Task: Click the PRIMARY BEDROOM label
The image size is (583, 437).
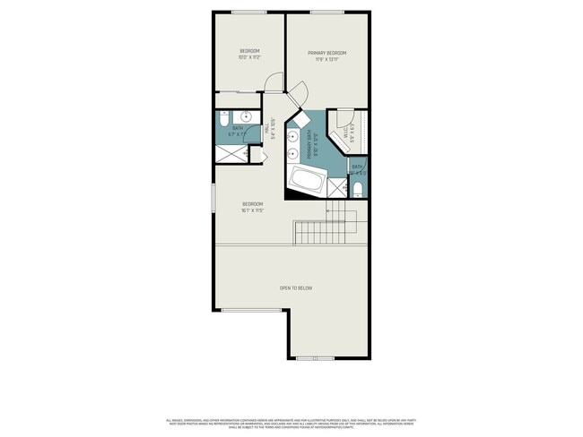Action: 326,53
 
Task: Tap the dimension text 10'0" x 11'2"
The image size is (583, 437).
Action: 249,57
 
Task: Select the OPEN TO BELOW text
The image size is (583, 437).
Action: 295,287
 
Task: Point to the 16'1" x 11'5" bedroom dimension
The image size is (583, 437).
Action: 252,211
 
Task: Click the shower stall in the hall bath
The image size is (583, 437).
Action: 231,154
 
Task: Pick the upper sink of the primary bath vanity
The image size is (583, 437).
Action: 293,136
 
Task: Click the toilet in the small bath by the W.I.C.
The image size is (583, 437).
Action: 358,188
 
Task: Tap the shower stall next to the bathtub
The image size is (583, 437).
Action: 336,187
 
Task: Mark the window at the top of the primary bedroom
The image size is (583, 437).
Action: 326,12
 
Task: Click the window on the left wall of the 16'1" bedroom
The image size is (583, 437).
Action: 213,198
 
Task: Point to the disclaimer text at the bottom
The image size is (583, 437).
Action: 291,422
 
